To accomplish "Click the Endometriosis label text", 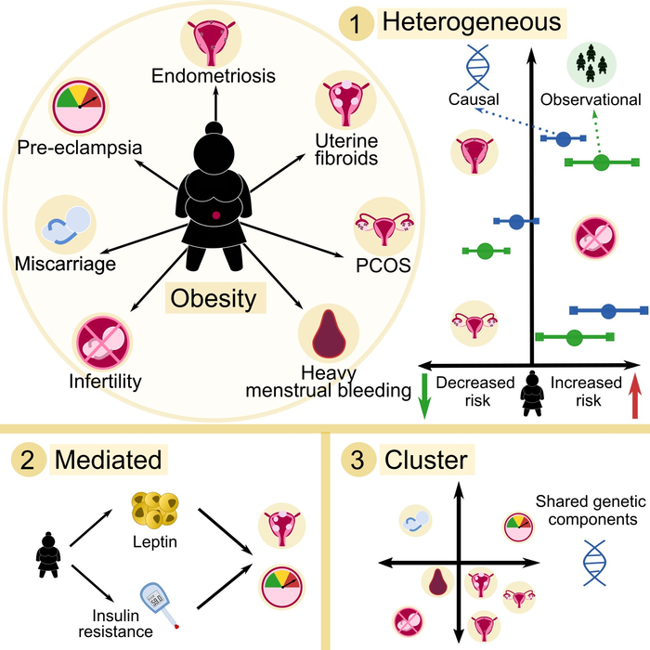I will point(215,76).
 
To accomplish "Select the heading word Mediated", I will point(107,460).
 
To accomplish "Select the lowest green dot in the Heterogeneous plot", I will point(574,336).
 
